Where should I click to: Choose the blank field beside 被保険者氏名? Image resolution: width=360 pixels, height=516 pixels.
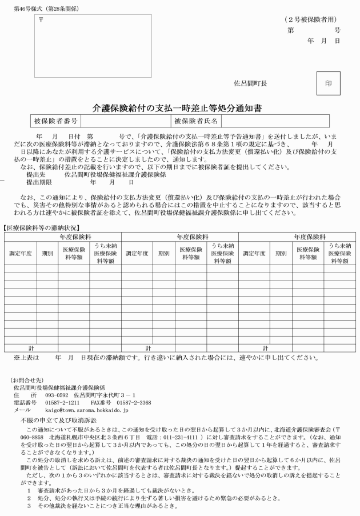coord(275,121)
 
